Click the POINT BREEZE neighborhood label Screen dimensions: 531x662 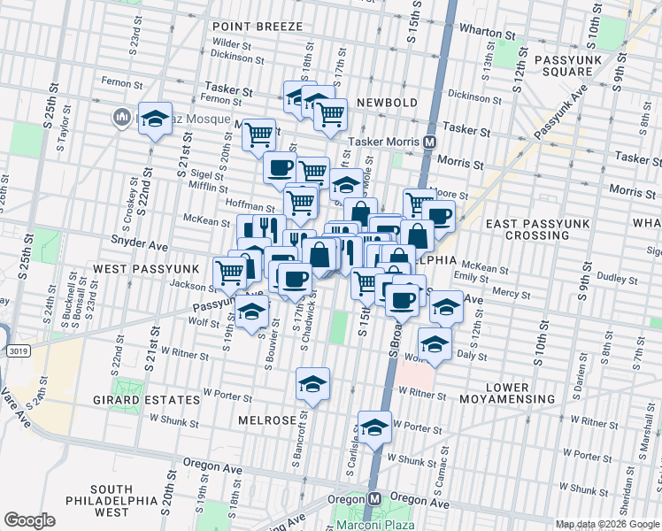258,27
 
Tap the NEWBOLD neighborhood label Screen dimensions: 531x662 387,103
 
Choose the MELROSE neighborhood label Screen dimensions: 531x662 267,420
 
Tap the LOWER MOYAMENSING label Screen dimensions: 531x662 520,394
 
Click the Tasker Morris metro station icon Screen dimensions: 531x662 429,142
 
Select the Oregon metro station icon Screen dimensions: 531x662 375,498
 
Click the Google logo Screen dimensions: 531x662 29,520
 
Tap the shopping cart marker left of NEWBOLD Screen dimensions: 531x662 330,112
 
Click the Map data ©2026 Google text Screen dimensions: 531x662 606,523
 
